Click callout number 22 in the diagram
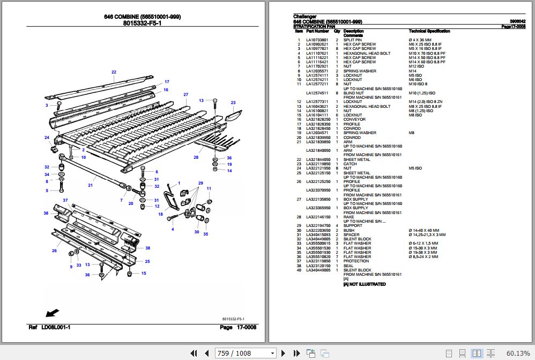click(114, 72)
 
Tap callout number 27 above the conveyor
click(186, 95)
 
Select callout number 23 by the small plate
click(233, 102)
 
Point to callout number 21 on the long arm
click(90, 185)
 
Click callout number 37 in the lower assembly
click(65, 200)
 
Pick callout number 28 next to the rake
click(196, 157)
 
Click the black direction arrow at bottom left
click(53, 312)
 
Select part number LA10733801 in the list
click(317, 40)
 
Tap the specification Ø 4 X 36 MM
click(420, 40)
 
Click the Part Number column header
click(317, 31)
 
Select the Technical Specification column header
click(433, 31)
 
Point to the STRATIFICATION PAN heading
click(314, 26)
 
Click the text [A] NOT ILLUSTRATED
click(365, 284)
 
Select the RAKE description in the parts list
click(349, 217)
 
